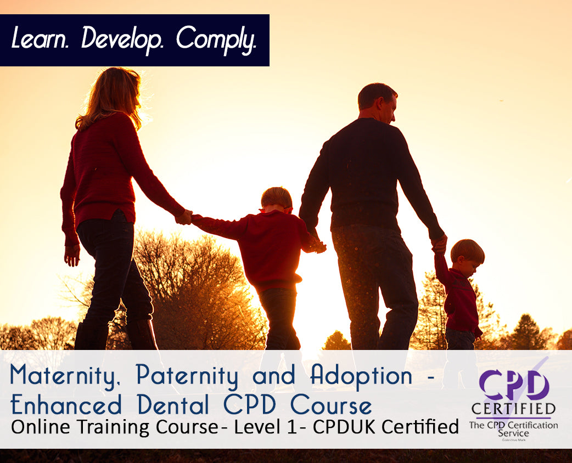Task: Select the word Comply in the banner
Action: pyautogui.click(x=216, y=39)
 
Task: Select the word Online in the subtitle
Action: pyautogui.click(x=38, y=427)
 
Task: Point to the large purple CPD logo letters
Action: pyautogui.click(x=513, y=383)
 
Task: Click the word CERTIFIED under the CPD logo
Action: pyautogui.click(x=513, y=409)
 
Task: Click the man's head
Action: pyautogui.click(x=377, y=103)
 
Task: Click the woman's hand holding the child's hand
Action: pyautogui.click(x=184, y=217)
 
